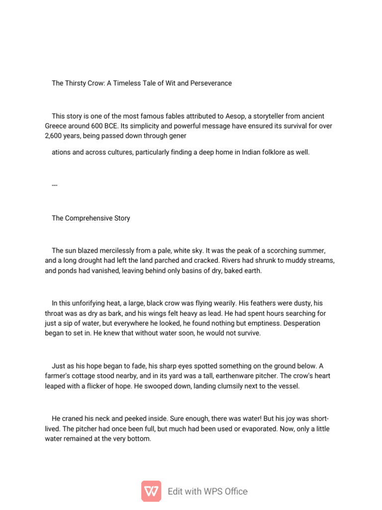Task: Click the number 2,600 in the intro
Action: pyautogui.click(x=53, y=136)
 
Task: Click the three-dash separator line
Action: pyautogui.click(x=55, y=185)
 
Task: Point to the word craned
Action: pyautogui.click(x=73, y=419)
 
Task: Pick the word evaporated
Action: pyautogui.click(x=267, y=429)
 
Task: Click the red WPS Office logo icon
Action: pyautogui.click(x=151, y=491)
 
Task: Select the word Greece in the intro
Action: pyautogui.click(x=56, y=126)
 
